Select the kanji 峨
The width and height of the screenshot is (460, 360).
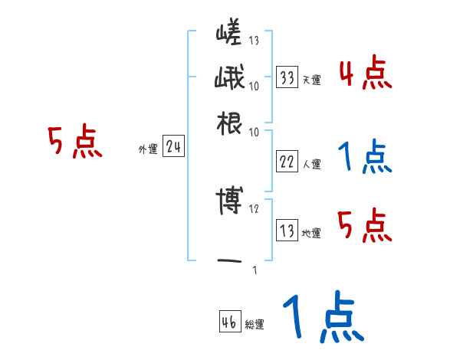click(229, 79)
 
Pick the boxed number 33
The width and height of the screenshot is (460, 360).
click(287, 77)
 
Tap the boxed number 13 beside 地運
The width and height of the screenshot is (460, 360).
click(287, 231)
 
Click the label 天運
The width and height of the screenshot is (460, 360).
click(311, 80)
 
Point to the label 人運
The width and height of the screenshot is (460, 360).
click(311, 164)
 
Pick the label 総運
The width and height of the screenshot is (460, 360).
click(255, 324)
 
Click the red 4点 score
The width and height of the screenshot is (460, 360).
click(365, 74)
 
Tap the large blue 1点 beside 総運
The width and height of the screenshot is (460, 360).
click(323, 318)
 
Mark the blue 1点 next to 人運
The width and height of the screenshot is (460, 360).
click(365, 157)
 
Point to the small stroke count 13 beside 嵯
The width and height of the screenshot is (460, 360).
click(253, 40)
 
